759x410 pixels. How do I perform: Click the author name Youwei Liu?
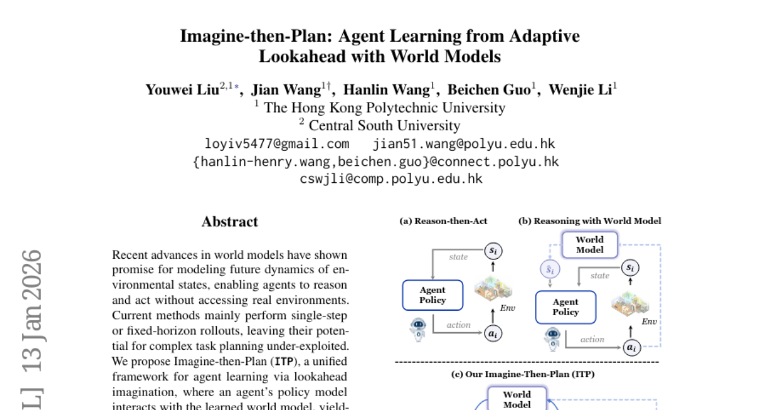click(x=182, y=89)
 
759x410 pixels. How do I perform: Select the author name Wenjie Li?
click(x=580, y=89)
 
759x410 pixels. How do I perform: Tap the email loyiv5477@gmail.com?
click(x=276, y=144)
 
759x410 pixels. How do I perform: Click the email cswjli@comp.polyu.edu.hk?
click(x=391, y=178)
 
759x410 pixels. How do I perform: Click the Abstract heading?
click(x=230, y=222)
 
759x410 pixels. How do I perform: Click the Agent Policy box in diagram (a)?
click(x=433, y=295)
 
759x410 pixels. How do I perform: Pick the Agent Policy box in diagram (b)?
click(x=565, y=307)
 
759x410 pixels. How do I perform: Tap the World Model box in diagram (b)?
click(x=589, y=244)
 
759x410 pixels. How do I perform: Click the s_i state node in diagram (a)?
click(x=493, y=251)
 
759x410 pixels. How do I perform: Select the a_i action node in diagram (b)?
click(x=631, y=347)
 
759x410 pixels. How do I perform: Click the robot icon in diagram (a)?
click(x=418, y=328)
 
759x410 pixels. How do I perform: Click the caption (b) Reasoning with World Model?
click(x=589, y=221)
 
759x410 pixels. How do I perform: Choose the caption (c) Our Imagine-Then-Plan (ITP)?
click(x=522, y=374)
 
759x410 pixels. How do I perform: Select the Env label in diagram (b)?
click(x=650, y=321)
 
